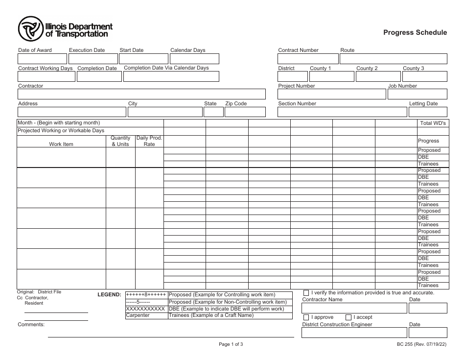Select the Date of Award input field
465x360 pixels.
click(42, 59)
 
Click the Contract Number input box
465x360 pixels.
click(307, 59)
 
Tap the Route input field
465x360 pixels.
click(393, 59)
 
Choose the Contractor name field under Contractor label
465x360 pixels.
click(141, 94)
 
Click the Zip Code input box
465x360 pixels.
click(245, 112)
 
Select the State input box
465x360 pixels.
click(213, 112)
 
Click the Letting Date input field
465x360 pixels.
click(428, 112)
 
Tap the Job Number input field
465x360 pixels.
click(417, 94)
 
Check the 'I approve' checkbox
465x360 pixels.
click(306, 317)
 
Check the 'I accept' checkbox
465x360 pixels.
click(349, 317)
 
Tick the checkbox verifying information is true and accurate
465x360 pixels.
click(306, 293)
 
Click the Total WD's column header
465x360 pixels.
click(433, 123)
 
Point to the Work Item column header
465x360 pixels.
click(61, 144)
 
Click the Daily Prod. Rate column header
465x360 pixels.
click(149, 141)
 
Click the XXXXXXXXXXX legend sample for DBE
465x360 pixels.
click(146, 309)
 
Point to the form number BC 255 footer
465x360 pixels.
click(421, 344)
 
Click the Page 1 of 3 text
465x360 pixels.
click(231, 344)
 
